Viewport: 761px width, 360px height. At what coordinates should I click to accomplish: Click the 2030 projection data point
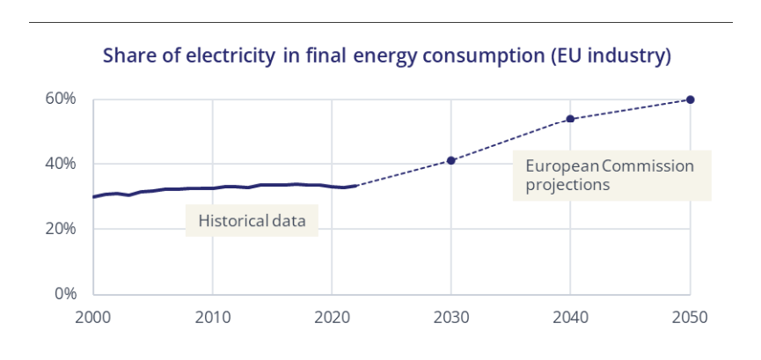tap(451, 160)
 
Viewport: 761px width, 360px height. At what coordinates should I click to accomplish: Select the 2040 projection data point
tap(570, 119)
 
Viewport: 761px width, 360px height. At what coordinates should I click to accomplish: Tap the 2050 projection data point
tap(691, 99)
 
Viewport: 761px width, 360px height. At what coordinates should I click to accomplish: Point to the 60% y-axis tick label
tap(62, 99)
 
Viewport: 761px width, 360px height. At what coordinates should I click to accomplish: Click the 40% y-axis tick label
tap(62, 164)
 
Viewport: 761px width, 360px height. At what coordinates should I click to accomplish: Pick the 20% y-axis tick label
tap(62, 229)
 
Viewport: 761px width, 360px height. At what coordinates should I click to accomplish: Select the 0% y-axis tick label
tap(66, 293)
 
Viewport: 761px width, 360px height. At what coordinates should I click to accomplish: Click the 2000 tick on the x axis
tap(93, 316)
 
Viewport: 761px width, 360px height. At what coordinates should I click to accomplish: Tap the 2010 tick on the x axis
tap(212, 316)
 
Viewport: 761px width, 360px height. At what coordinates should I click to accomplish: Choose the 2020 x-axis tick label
tap(332, 316)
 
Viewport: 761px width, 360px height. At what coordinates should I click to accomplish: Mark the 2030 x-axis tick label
tap(451, 316)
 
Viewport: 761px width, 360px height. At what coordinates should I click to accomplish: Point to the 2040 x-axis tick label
tap(570, 316)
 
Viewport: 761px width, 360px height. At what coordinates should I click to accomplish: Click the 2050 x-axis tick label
tap(691, 316)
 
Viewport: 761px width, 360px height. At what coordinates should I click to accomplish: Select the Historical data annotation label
tap(252, 221)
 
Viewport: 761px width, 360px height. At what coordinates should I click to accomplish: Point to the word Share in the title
tap(128, 57)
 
